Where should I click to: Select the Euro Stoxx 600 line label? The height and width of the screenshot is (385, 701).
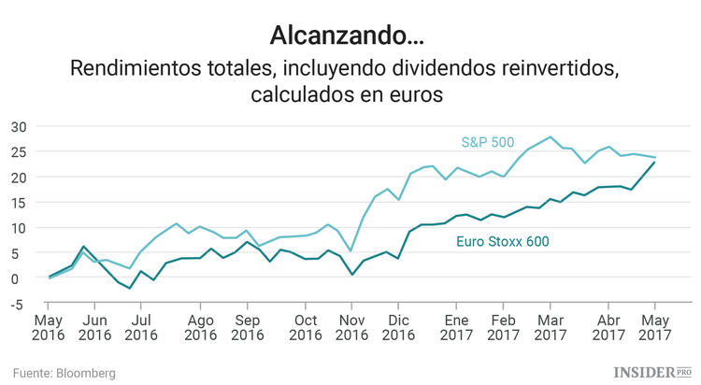[x=502, y=241]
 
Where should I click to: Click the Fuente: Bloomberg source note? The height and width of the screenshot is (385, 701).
[x=64, y=373]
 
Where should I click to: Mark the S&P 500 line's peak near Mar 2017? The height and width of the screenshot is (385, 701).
[x=550, y=137]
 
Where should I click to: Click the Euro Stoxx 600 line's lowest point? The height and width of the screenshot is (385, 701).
[x=130, y=289]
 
